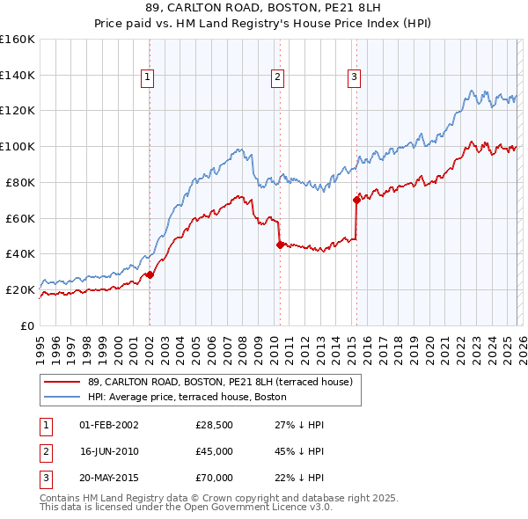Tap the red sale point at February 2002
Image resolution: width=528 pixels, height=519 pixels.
click(150, 274)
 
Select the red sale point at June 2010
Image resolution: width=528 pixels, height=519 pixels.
click(280, 245)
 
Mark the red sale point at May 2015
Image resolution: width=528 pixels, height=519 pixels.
click(356, 200)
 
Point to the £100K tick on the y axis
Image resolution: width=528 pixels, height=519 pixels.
click(18, 146)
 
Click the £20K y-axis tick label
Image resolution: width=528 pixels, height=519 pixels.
click(20, 289)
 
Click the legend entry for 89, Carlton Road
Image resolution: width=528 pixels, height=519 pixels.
click(220, 382)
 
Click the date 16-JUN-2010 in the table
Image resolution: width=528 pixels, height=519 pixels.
click(109, 451)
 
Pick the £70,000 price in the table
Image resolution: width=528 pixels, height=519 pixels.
click(214, 478)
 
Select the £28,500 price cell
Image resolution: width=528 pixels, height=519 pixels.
click(214, 425)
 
